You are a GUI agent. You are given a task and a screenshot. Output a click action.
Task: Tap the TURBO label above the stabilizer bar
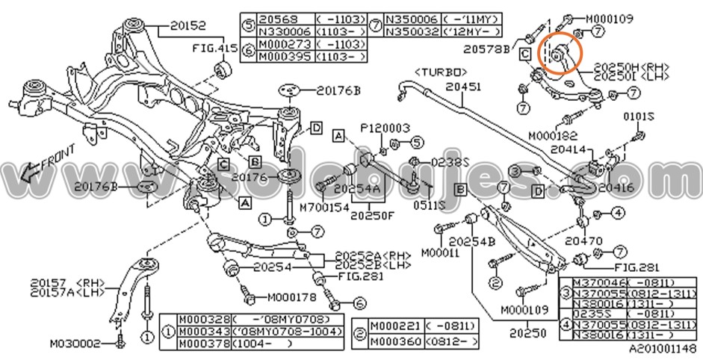pos(442,72)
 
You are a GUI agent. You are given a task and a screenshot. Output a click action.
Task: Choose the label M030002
pos(75,344)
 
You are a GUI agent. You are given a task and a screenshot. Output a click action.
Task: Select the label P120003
pos(385,128)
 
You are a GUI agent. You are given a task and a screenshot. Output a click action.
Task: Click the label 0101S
pos(639,117)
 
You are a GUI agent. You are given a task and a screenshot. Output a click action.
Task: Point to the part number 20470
pos(583,242)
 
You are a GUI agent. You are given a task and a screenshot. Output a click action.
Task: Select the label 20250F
pos(372,217)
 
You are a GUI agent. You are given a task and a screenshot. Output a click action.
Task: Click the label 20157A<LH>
pos(65,293)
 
